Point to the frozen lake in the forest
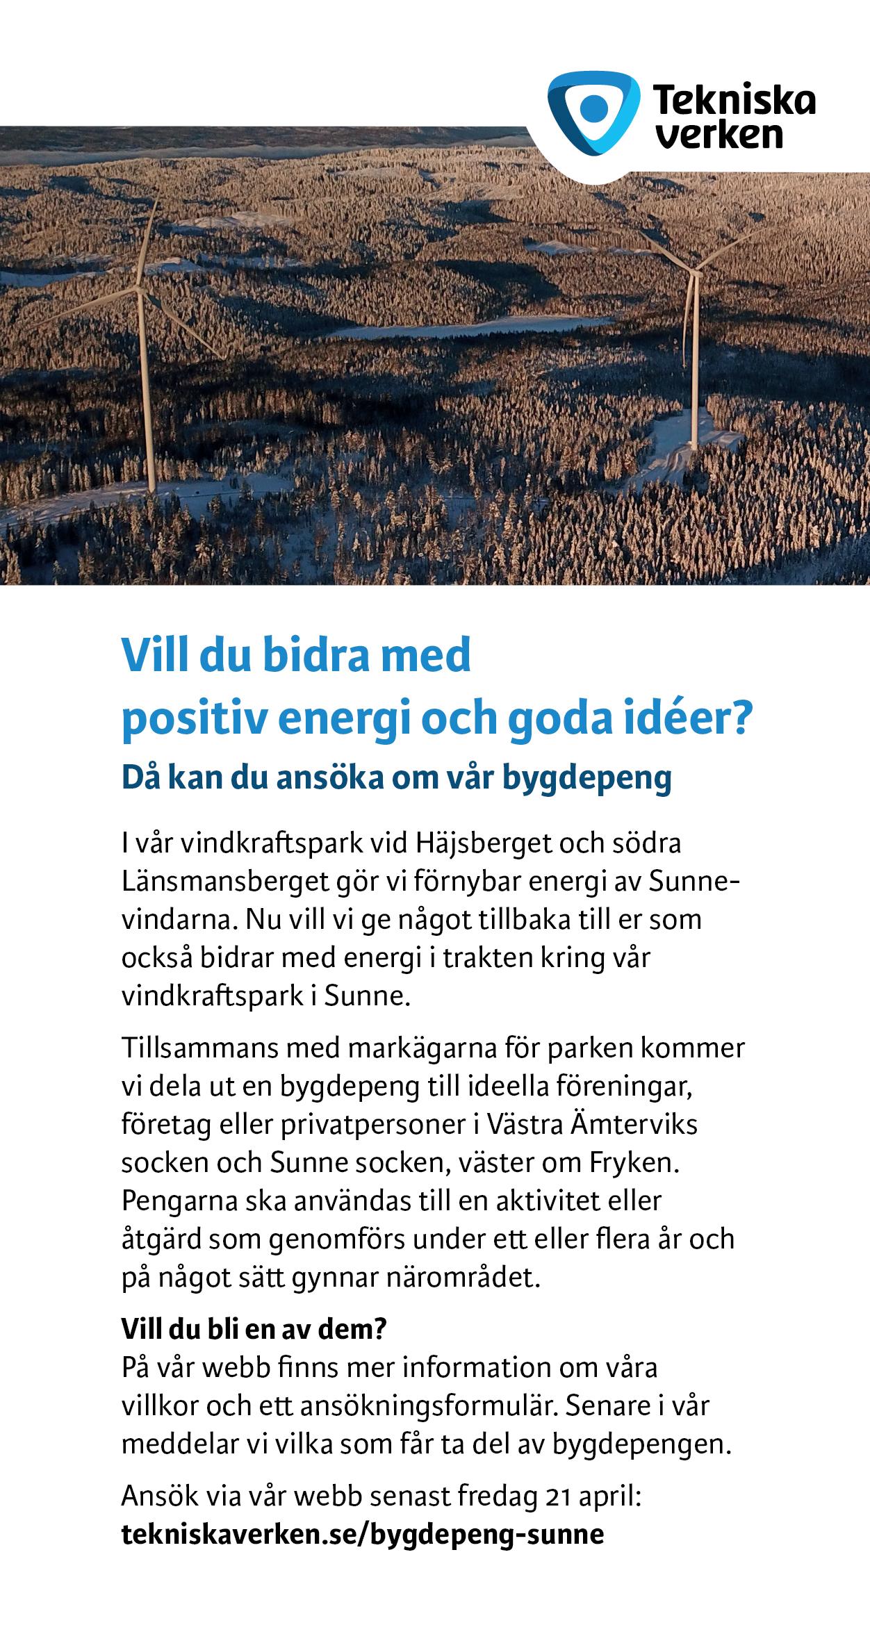(x=479, y=325)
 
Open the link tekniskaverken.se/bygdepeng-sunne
(x=362, y=1534)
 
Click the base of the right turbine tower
(x=694, y=445)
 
